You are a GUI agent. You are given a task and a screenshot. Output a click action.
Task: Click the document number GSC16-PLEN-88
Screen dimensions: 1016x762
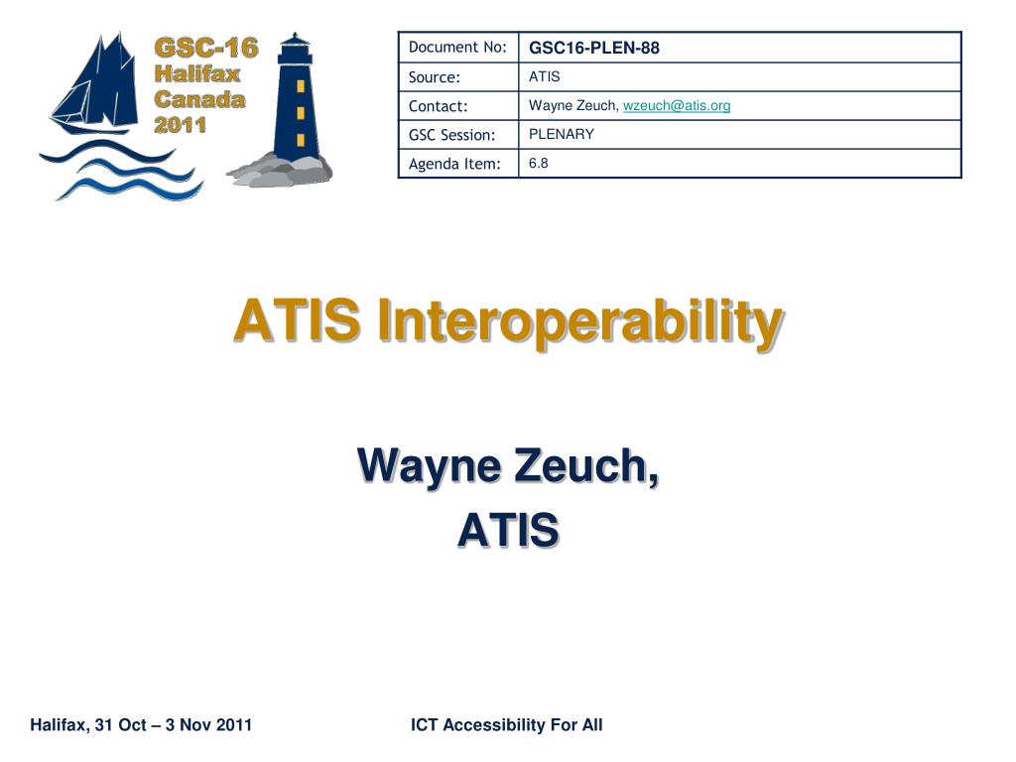coord(593,48)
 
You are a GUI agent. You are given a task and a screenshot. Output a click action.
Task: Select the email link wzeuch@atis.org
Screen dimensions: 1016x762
coord(677,105)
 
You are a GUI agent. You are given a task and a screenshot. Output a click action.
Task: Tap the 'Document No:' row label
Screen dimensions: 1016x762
coord(457,48)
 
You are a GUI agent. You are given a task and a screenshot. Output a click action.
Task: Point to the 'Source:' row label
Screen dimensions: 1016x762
coord(435,77)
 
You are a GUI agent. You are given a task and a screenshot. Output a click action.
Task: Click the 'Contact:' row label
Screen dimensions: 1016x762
coord(438,106)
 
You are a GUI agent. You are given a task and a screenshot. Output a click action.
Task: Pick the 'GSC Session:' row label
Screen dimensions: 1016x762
coord(451,135)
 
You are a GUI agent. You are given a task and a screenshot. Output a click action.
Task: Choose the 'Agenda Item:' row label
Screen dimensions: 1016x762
coord(454,164)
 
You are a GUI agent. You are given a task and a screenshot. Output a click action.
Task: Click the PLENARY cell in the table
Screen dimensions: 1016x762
coord(562,134)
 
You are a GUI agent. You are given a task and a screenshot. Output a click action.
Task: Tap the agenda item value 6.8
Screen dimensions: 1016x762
coord(538,164)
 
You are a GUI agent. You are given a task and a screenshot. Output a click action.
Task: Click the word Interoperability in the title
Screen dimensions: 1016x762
coord(580,320)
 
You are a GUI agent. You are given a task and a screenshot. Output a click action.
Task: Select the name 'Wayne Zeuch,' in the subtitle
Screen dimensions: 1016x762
coord(508,466)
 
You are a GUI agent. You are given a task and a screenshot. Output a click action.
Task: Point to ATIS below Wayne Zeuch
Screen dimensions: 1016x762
coord(508,530)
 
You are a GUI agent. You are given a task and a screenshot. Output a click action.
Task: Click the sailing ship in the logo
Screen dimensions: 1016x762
coord(96,84)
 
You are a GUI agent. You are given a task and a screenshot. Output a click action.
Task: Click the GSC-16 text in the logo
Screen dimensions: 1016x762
coord(206,48)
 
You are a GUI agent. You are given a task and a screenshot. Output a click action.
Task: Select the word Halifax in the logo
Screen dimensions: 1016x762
coord(197,73)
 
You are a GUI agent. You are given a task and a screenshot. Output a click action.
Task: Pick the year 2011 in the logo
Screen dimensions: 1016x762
coord(181,124)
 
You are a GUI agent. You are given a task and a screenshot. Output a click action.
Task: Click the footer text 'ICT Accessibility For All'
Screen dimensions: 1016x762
coord(507,724)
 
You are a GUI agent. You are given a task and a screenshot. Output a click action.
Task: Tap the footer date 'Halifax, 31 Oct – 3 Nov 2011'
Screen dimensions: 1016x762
coord(141,724)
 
